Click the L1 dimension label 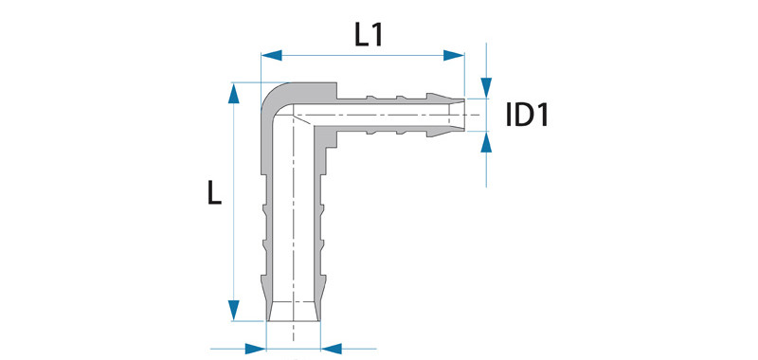(x=369, y=35)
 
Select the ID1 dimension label (x=527, y=116)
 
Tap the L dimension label (x=214, y=191)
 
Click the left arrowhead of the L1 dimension (x=271, y=55)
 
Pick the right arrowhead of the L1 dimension (x=454, y=55)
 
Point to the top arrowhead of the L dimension (x=234, y=93)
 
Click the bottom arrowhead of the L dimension (x=234, y=310)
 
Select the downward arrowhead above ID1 (x=486, y=88)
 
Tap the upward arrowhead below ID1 (x=486, y=141)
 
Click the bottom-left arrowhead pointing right (x=256, y=349)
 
